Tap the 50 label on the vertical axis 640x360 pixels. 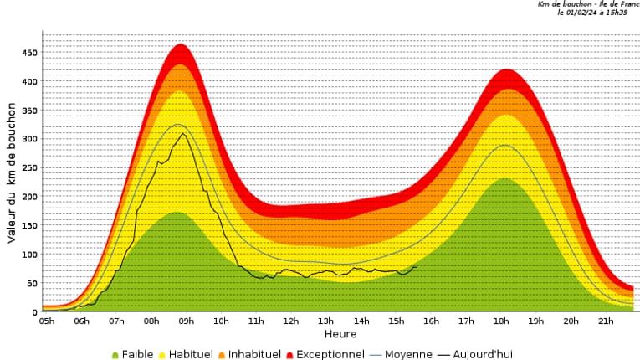[x=31, y=284]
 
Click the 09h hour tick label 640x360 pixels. [x=186, y=321]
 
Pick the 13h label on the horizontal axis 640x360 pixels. [x=325, y=321]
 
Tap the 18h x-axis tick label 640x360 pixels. [x=501, y=321]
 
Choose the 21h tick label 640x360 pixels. [x=607, y=321]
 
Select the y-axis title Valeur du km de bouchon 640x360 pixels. [x=12, y=173]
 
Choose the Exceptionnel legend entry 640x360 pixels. [x=325, y=354]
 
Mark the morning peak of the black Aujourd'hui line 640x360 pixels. [x=182, y=133]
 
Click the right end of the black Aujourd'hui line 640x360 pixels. [x=416, y=267]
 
